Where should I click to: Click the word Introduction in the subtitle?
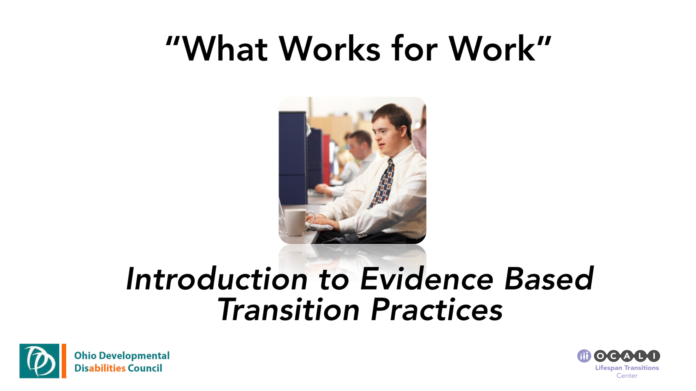[x=216, y=279]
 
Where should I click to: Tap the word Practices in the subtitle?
[x=437, y=310]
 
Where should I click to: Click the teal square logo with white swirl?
[x=39, y=361]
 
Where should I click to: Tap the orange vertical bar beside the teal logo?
[x=64, y=361]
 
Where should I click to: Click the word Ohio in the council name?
[x=85, y=355]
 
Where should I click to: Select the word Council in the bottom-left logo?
[x=145, y=368]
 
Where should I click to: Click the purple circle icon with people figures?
[x=584, y=356]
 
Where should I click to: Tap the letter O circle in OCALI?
[x=600, y=356]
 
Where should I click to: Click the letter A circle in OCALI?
[x=627, y=356]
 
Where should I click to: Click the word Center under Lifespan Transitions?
[x=627, y=376]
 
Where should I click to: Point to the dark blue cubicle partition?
[x=292, y=156]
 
